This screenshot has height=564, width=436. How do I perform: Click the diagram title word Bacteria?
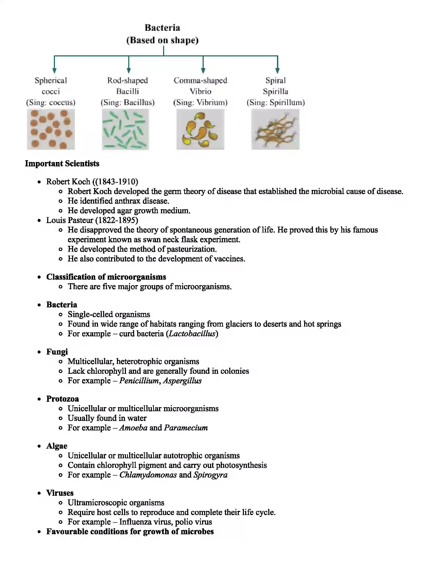162,28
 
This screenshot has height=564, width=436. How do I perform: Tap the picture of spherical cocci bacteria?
51,129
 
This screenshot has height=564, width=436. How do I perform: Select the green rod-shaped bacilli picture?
125,129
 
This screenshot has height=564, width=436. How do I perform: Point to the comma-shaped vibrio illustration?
200,129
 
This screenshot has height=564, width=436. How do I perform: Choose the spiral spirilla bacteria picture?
275,129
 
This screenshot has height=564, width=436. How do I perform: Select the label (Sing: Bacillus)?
128,103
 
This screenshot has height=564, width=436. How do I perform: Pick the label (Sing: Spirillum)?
276,103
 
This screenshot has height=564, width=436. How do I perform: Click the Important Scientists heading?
62,164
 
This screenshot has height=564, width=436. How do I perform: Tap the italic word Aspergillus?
182,381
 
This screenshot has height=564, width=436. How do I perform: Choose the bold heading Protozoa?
63,399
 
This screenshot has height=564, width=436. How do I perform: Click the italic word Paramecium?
186,428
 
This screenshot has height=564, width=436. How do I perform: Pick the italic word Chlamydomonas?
148,475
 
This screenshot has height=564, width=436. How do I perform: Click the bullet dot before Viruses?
39,493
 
